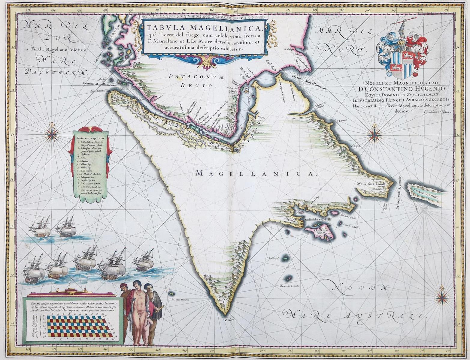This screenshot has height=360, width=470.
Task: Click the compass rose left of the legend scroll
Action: point(54,132)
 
